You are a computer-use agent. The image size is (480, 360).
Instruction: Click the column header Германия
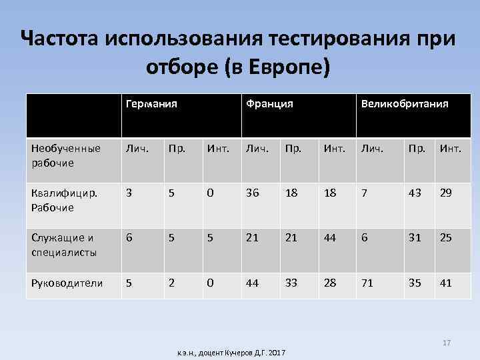tap(153, 104)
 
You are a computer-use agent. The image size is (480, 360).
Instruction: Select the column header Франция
tap(269, 104)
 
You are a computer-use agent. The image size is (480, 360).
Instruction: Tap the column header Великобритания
tap(404, 104)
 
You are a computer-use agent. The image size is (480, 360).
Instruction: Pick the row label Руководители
tap(67, 283)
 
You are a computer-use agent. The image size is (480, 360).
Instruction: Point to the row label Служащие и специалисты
tap(63, 246)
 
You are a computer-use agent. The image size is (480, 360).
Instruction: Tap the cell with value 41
tap(446, 283)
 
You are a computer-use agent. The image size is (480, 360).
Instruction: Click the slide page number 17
tap(447, 343)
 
